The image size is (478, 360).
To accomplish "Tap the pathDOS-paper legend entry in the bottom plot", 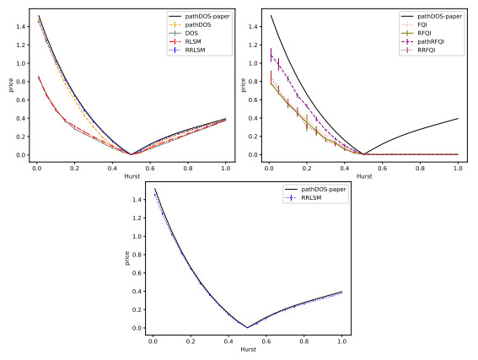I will [324, 191].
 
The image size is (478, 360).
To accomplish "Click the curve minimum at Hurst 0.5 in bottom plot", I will [248, 326].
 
